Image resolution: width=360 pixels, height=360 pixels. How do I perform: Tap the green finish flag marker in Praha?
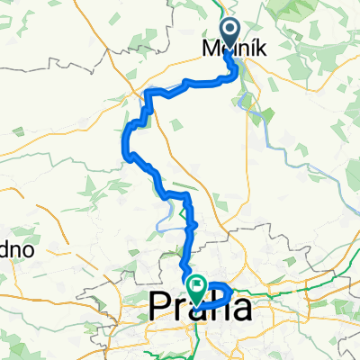tap(196, 287)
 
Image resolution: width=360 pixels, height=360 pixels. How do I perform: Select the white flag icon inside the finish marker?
tap(196, 284)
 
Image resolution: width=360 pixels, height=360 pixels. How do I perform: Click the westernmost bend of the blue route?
tap(124, 148)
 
